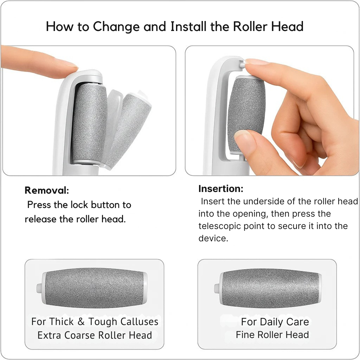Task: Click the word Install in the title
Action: pyautogui.click(x=188, y=26)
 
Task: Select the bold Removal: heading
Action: pyautogui.click(x=47, y=190)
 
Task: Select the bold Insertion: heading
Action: pyautogui.click(x=221, y=189)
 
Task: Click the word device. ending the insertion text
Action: pyautogui.click(x=213, y=238)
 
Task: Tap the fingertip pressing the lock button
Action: pyautogui.click(x=67, y=68)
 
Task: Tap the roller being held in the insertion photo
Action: pyautogui.click(x=246, y=114)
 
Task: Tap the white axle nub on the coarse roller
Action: pyautogui.click(x=39, y=288)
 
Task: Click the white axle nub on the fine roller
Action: pyautogui.click(x=217, y=288)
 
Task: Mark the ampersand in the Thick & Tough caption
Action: pyautogui.click(x=81, y=322)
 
